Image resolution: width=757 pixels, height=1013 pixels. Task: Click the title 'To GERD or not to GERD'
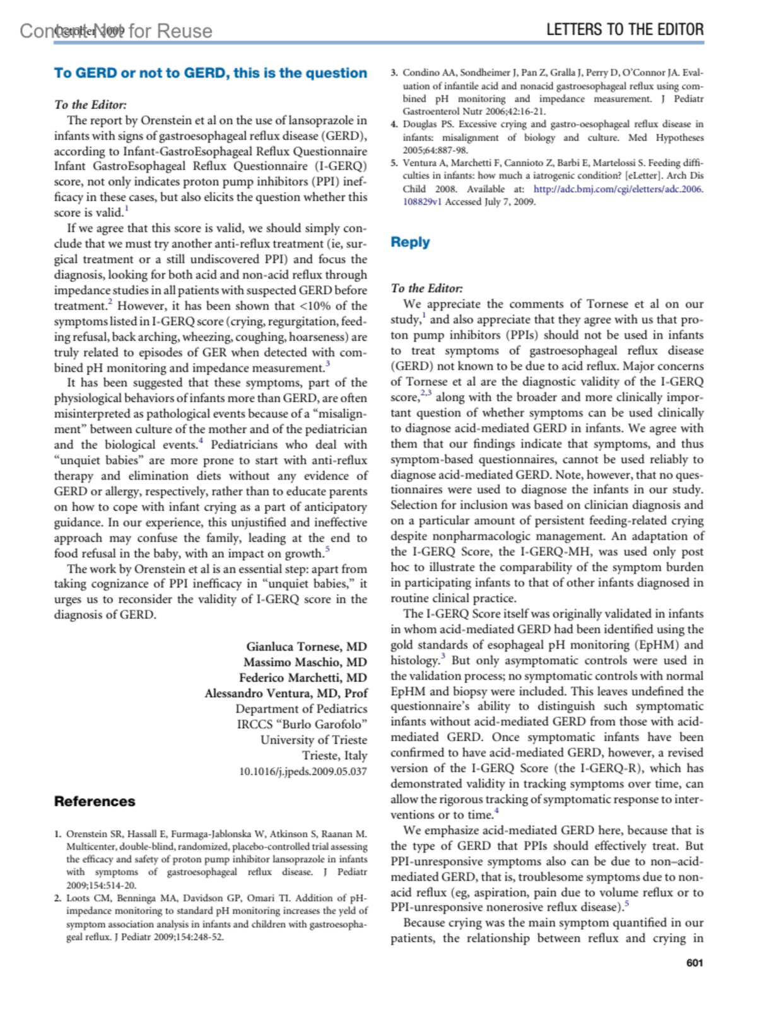pos(210,73)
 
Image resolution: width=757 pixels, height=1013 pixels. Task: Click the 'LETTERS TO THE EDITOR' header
pos(625,30)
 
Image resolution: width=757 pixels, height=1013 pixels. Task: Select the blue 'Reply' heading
pos(410,242)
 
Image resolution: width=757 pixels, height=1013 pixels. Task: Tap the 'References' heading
pos(95,801)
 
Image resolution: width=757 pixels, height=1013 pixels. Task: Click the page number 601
pos(695,963)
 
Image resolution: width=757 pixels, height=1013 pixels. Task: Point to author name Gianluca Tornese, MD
pos(307,647)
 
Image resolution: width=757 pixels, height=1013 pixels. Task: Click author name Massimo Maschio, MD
pos(305,662)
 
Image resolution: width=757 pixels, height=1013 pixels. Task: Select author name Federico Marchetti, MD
pos(303,678)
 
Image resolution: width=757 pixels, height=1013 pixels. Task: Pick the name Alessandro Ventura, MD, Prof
pos(286,693)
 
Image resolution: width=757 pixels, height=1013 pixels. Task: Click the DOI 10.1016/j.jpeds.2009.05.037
pos(303,772)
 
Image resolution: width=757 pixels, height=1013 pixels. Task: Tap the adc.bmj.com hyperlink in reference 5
pos(618,189)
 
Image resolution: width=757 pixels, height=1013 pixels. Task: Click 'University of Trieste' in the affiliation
pos(314,740)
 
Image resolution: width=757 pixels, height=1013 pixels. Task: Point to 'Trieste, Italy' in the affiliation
pos(334,755)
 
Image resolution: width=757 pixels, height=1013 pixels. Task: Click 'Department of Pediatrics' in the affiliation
pos(301,709)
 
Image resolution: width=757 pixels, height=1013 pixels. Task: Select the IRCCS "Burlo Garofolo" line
pos(302,724)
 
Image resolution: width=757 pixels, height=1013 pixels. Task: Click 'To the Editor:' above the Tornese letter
pos(90,105)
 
